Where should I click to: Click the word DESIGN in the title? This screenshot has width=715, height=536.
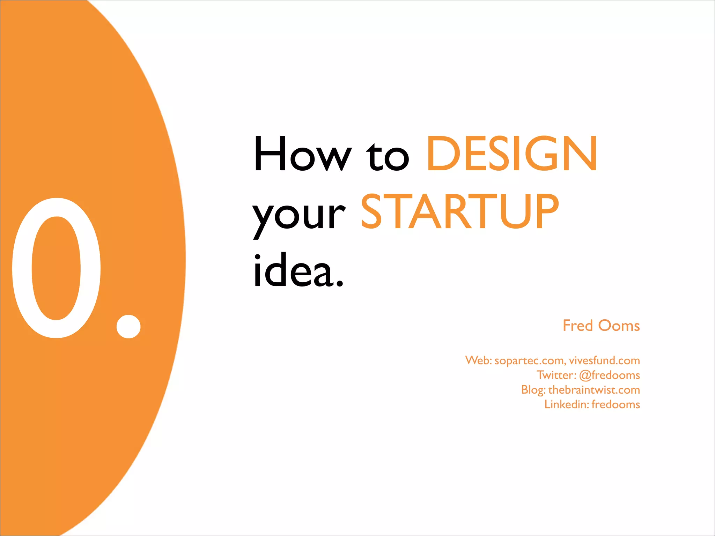pos(512,154)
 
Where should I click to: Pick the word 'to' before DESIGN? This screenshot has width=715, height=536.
pos(388,157)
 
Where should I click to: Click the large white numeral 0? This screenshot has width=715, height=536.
pos(56,268)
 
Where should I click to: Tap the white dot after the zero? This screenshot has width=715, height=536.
pos(128,326)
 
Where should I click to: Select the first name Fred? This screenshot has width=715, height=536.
pos(577,326)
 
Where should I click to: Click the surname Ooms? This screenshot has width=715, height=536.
pos(619,326)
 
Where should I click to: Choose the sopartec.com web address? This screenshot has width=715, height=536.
pos(530,360)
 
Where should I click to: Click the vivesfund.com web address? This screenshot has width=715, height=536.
pos(604,360)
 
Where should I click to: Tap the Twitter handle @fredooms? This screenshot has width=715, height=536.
pos(609,375)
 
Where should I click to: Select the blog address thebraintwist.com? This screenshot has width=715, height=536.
pos(594,390)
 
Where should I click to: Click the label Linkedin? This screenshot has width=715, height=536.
pos(567,404)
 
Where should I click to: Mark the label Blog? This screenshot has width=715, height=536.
pos(533,390)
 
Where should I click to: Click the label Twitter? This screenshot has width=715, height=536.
pos(556,375)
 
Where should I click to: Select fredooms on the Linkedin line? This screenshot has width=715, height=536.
pos(616,404)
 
